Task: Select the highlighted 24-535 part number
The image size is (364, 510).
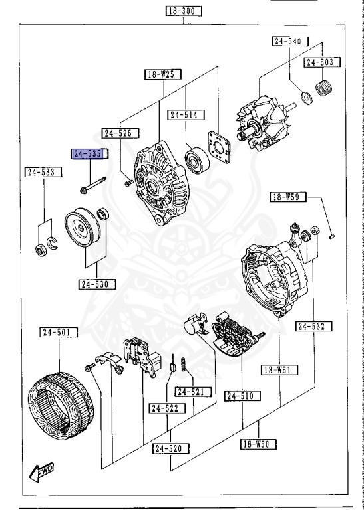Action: [88, 154]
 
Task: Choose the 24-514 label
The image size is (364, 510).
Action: [184, 115]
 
